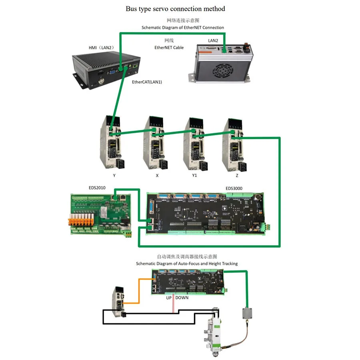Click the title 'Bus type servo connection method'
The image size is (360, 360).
[181, 8]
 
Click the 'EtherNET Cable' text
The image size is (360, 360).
[169, 47]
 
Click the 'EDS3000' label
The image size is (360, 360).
[234, 188]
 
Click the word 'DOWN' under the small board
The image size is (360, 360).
[182, 298]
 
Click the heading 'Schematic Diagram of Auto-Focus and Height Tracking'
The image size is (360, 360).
[186, 264]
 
